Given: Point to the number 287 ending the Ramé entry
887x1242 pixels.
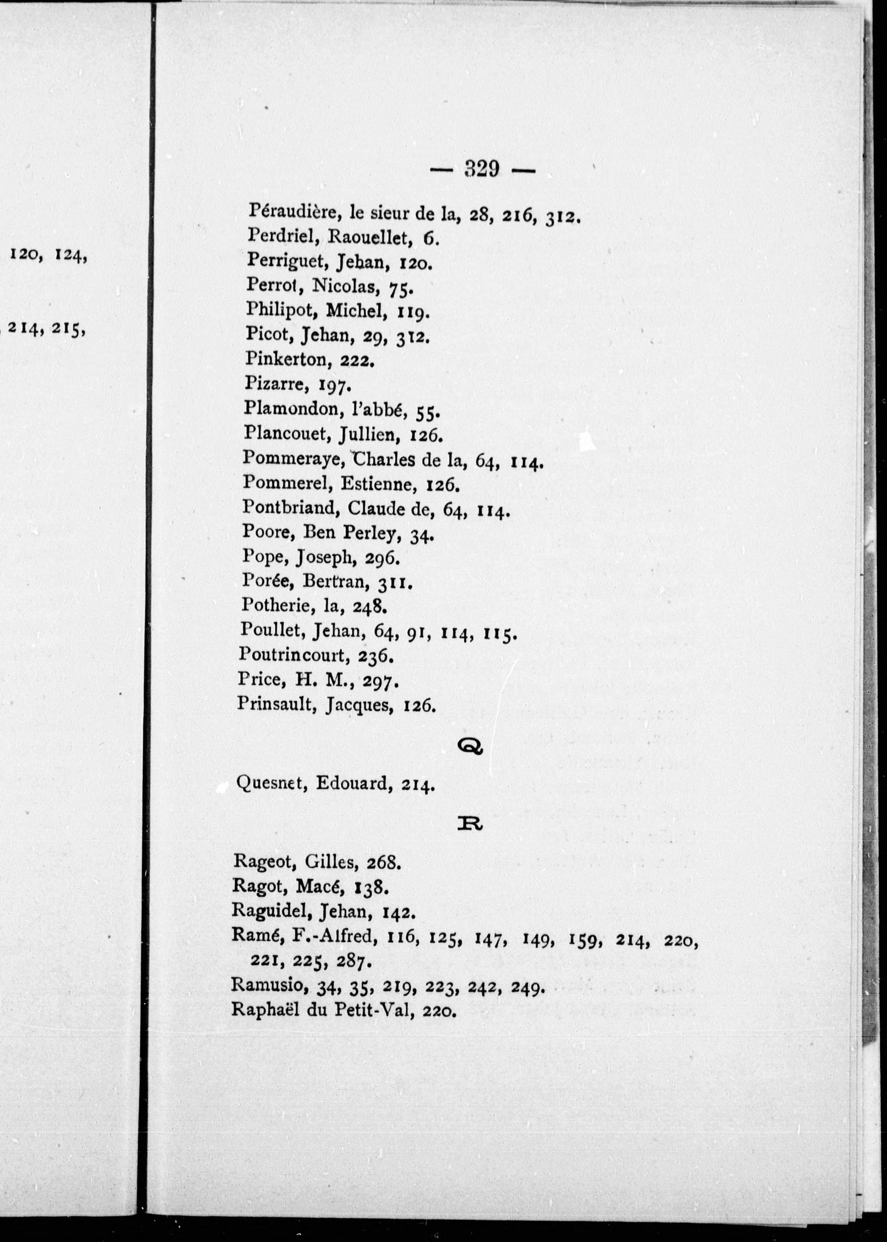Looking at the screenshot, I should [348, 961].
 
